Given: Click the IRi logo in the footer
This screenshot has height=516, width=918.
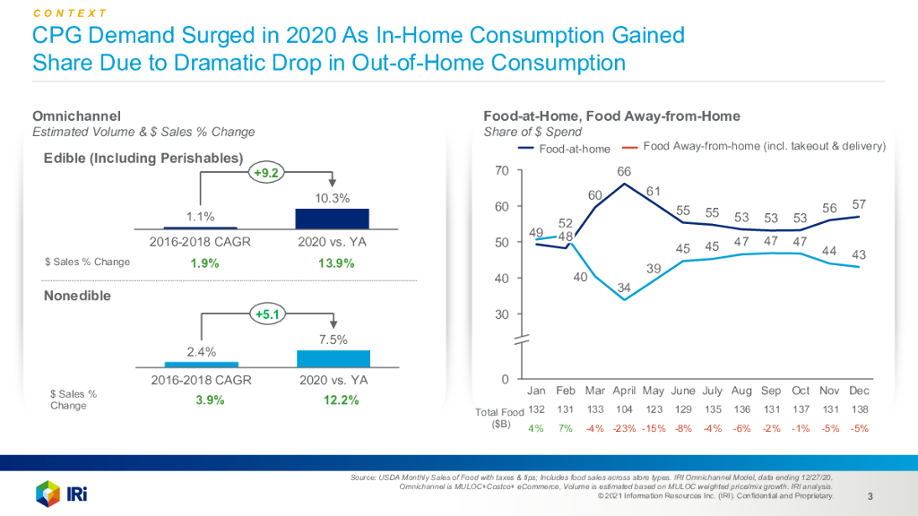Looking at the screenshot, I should (60, 492).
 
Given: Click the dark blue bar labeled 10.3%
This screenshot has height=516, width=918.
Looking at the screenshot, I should (332, 219).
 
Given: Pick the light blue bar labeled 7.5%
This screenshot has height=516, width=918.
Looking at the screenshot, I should (333, 357).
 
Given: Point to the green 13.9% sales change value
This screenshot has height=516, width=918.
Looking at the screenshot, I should (335, 263).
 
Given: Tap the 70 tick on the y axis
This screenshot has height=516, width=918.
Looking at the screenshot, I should (502, 171).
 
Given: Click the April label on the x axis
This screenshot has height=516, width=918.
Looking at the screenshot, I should (624, 391).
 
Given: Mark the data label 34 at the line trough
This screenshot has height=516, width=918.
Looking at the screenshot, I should (624, 287).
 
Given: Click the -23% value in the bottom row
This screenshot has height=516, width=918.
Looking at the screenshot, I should (624, 428).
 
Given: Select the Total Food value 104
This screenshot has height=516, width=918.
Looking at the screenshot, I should (624, 409).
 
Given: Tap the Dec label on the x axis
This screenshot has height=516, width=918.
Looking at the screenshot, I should (860, 391).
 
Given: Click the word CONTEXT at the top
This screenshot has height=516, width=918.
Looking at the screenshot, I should (70, 13).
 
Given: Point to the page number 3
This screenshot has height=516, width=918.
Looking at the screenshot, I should (870, 496).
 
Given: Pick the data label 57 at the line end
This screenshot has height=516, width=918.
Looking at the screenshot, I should (859, 204).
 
